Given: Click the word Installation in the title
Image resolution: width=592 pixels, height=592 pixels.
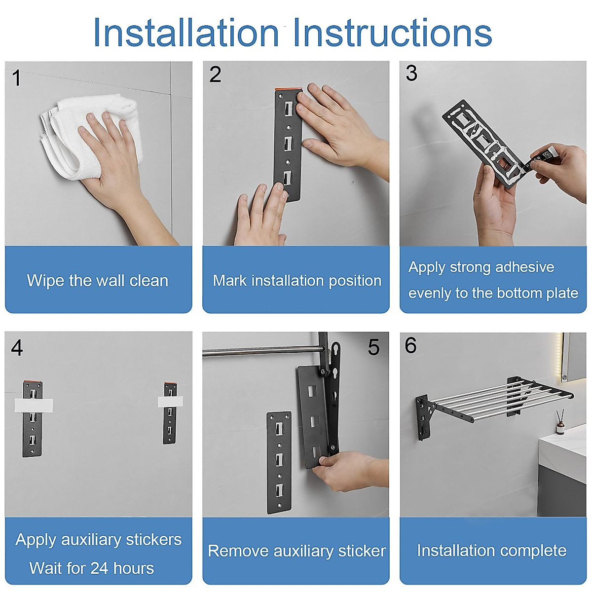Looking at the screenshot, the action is click(x=186, y=32).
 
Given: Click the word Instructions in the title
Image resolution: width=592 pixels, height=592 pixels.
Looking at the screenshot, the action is click(x=393, y=32).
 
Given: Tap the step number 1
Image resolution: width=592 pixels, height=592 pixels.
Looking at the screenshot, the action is click(x=17, y=78).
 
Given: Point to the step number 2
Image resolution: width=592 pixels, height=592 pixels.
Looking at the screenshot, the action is click(x=215, y=74).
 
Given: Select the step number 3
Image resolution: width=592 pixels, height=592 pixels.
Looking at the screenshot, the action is click(x=411, y=73).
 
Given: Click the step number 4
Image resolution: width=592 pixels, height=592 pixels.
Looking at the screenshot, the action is click(x=17, y=348).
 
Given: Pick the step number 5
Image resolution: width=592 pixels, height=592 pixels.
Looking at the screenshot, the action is click(x=373, y=347).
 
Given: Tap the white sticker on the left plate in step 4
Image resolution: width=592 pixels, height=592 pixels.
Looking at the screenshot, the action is click(x=34, y=405).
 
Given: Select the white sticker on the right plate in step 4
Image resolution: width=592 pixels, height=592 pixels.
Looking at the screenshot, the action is click(x=171, y=401).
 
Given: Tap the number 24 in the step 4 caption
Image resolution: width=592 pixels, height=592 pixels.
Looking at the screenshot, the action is click(x=100, y=568).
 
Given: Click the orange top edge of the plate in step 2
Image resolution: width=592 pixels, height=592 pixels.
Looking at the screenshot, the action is click(x=289, y=89).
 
